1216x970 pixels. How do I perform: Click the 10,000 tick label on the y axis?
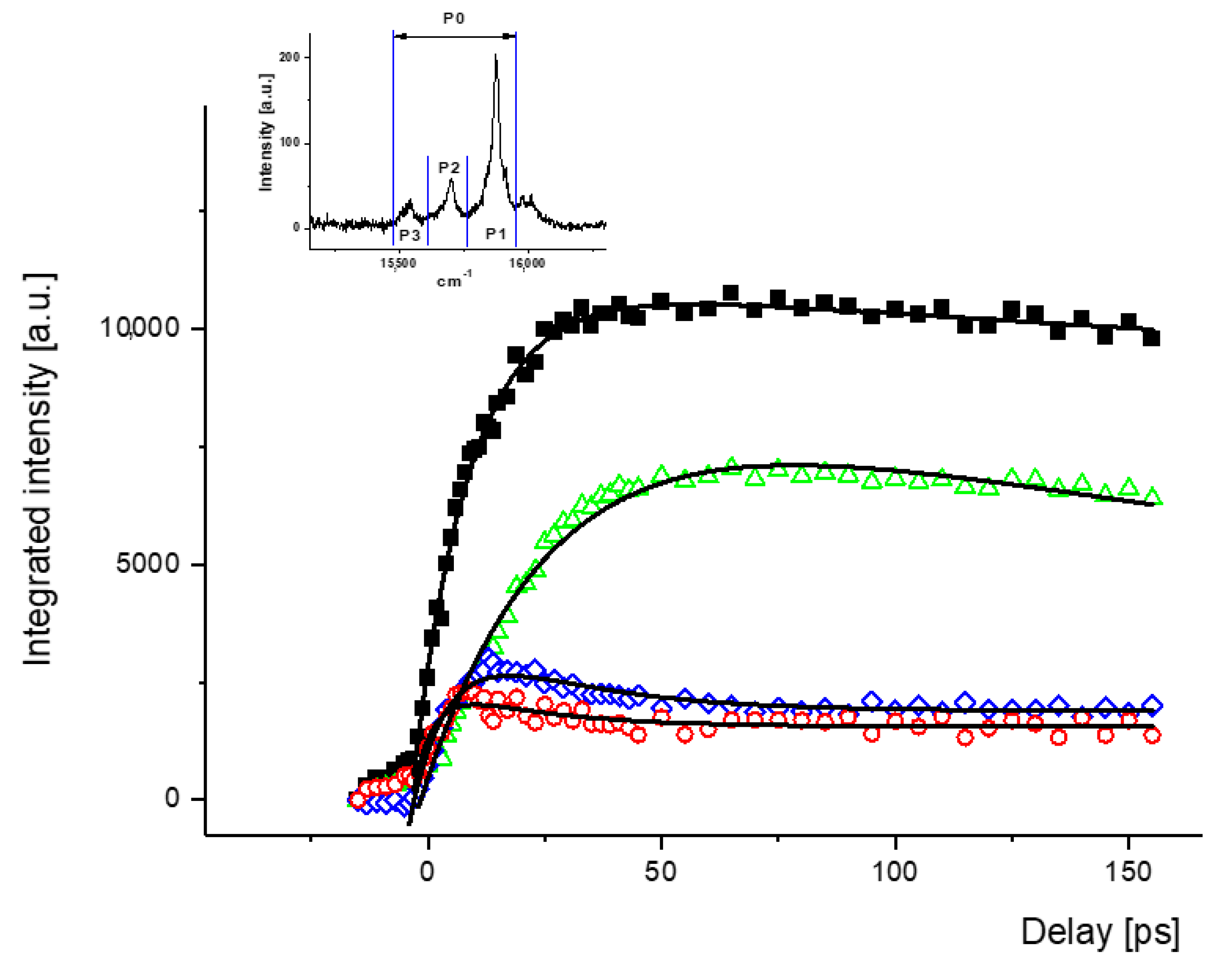(x=139, y=327)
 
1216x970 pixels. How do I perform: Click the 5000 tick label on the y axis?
(x=147, y=563)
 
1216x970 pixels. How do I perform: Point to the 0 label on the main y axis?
(x=173, y=798)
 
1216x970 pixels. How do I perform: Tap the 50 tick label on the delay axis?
(x=660, y=872)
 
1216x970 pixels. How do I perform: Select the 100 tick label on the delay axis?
(x=894, y=872)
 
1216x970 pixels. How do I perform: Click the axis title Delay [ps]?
(x=1100, y=932)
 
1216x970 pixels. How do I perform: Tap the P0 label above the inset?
(x=453, y=19)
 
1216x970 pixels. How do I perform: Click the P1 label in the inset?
(x=496, y=233)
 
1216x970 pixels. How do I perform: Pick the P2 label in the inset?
(x=449, y=168)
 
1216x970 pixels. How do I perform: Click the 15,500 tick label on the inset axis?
(x=398, y=263)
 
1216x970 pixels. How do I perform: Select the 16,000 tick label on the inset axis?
(x=527, y=263)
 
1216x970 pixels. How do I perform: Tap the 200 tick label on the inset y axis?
(x=290, y=57)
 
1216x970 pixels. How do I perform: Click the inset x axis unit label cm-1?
(x=453, y=281)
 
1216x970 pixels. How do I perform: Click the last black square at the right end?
(x=1151, y=338)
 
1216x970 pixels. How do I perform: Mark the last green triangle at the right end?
(x=1152, y=497)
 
